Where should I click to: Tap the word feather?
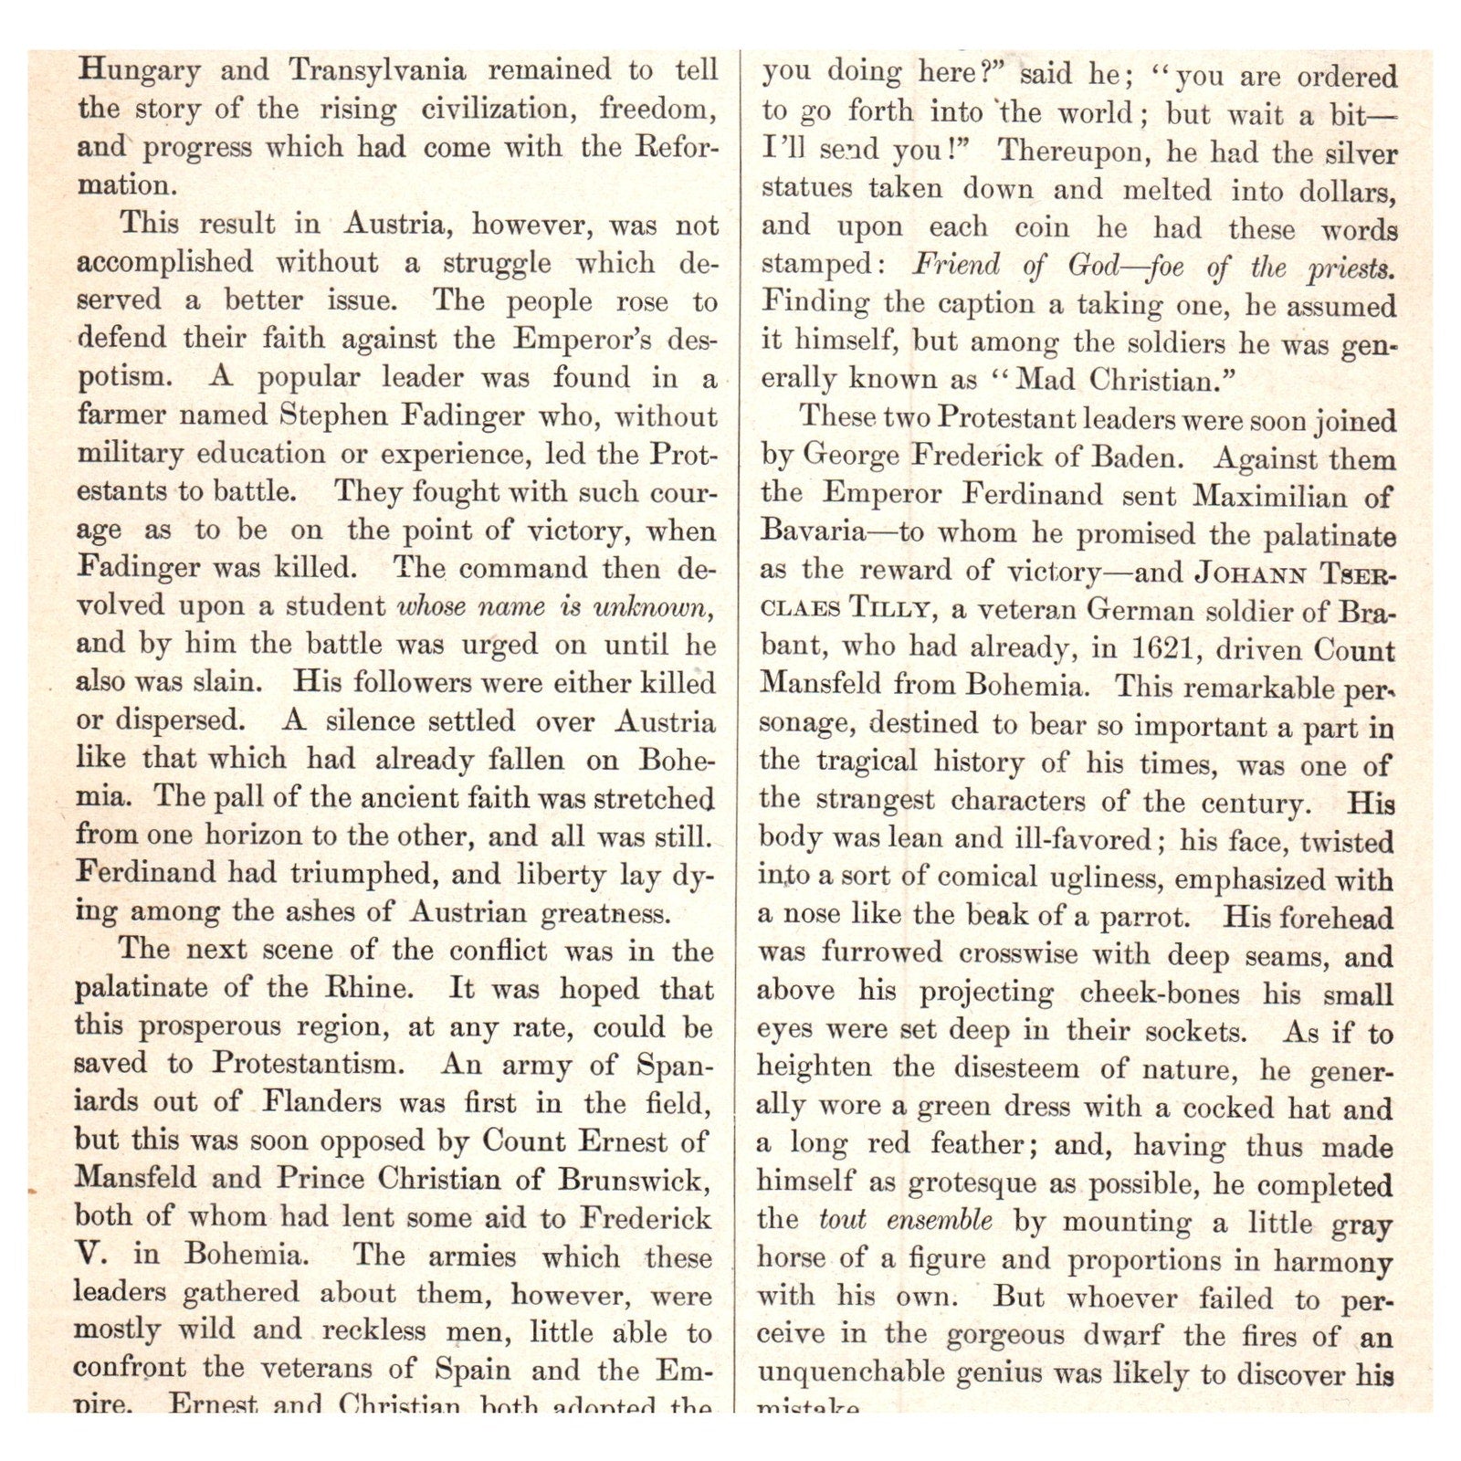(x=990, y=1144)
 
